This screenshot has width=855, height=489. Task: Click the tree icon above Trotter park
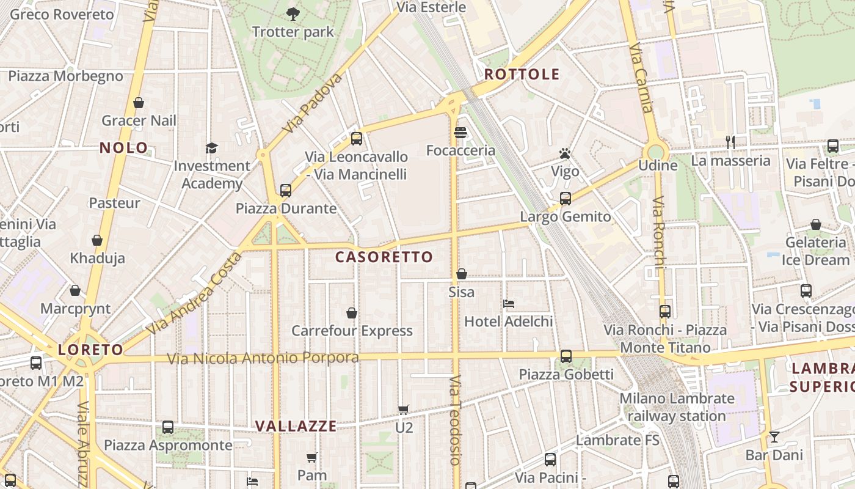click(293, 13)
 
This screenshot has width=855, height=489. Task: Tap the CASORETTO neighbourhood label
click(384, 257)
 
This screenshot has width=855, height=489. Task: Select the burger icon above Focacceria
click(460, 133)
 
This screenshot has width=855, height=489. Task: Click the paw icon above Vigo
click(565, 153)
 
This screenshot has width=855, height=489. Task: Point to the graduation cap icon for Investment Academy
click(212, 148)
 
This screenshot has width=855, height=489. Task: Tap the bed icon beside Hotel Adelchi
click(509, 303)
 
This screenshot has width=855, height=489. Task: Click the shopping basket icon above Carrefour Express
click(352, 313)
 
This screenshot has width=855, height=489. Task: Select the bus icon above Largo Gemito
click(566, 199)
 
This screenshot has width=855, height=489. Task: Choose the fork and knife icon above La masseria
click(730, 142)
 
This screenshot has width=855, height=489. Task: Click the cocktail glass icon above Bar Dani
click(774, 437)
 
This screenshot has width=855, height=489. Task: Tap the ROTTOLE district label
click(522, 75)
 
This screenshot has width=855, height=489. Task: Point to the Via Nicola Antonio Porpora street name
click(263, 358)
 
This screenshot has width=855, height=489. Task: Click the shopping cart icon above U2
click(403, 410)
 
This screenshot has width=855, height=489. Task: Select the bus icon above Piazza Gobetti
click(566, 356)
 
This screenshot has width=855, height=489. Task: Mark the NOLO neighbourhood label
click(124, 147)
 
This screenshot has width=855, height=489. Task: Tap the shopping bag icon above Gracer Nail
click(139, 103)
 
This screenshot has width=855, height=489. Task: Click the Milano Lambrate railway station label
click(677, 407)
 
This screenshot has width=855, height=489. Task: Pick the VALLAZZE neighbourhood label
click(296, 426)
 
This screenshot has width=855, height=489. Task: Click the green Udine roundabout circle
click(656, 152)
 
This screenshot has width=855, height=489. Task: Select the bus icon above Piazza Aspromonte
click(168, 427)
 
